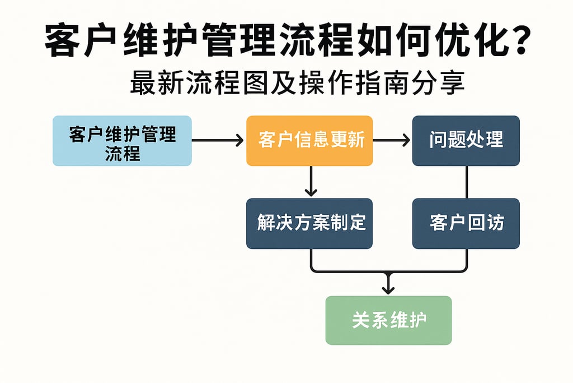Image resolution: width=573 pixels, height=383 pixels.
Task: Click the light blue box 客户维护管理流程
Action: tap(122, 141)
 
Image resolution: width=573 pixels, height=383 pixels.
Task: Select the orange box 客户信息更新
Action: tap(309, 141)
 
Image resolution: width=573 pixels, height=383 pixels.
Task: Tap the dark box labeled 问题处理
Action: tap(466, 141)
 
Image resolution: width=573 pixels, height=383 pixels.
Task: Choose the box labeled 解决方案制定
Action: tap(309, 223)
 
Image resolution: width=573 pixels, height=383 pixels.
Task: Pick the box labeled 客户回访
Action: tap(466, 223)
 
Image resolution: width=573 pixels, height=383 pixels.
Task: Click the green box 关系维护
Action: tap(388, 320)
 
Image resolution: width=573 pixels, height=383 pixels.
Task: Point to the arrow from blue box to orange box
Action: tap(218, 140)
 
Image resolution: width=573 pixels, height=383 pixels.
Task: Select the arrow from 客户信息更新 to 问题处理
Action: tap(392, 140)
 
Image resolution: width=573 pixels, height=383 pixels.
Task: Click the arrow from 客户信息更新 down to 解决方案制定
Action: tap(311, 182)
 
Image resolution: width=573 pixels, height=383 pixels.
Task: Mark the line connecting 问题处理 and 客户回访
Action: tap(467, 182)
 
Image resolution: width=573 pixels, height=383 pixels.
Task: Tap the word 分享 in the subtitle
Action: tap(438, 84)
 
